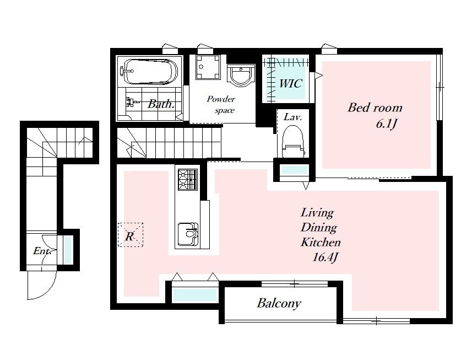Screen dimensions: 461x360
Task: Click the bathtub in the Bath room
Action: point(151,72)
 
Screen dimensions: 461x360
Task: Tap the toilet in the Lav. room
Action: point(292,142)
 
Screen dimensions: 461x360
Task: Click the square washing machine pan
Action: point(208,67)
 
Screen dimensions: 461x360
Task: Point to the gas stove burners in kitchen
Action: point(188,180)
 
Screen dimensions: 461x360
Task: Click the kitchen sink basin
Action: point(188,233)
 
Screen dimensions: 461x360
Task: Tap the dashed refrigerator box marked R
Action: point(130,235)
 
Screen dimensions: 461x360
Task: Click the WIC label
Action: point(290,84)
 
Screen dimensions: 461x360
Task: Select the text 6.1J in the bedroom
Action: point(387,124)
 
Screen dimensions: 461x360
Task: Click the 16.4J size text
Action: point(325,257)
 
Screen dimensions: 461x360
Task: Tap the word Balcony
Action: point(279,303)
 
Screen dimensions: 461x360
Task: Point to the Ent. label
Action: point(42,251)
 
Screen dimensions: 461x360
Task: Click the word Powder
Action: point(221,99)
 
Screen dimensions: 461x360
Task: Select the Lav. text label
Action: point(293,117)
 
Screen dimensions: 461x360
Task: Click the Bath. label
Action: point(161,104)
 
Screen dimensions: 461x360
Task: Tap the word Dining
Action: point(319,228)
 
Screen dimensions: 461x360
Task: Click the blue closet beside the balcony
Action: point(194,294)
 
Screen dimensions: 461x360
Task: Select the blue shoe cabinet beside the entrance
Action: point(68,250)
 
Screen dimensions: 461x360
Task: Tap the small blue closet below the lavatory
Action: point(295,170)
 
